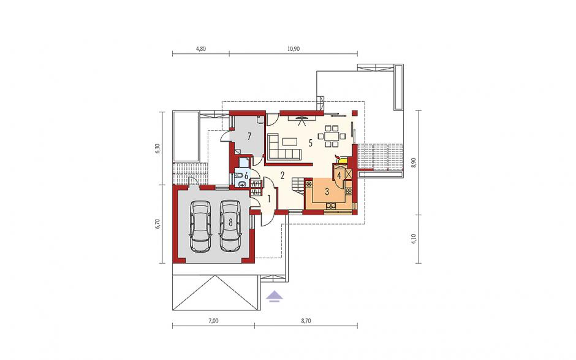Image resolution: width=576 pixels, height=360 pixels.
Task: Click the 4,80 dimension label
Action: [200, 48]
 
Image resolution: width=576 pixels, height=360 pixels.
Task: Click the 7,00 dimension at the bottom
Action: [213, 321]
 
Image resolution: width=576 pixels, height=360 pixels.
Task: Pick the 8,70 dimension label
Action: [306, 321]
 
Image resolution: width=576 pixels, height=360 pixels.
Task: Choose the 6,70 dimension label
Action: [157, 223]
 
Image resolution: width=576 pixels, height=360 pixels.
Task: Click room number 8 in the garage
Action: [230, 222]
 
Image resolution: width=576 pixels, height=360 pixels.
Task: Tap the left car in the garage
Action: [200, 226]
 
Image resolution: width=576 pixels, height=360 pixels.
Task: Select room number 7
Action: [249, 137]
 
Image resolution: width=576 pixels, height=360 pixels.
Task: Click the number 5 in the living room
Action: [311, 144]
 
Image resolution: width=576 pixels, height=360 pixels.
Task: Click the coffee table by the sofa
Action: [290, 141]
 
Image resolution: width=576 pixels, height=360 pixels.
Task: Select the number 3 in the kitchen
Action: [327, 191]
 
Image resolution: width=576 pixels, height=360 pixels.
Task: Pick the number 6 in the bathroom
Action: [246, 175]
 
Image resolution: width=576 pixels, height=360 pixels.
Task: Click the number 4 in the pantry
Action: [339, 175]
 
